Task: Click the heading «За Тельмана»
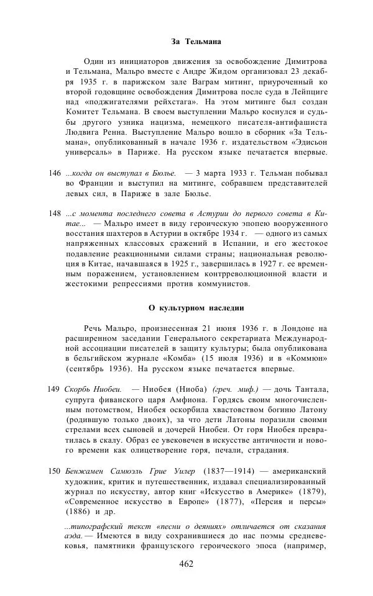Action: tap(196, 42)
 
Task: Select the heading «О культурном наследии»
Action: tap(196, 307)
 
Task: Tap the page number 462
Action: tap(186, 564)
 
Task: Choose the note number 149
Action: tap(54, 389)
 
